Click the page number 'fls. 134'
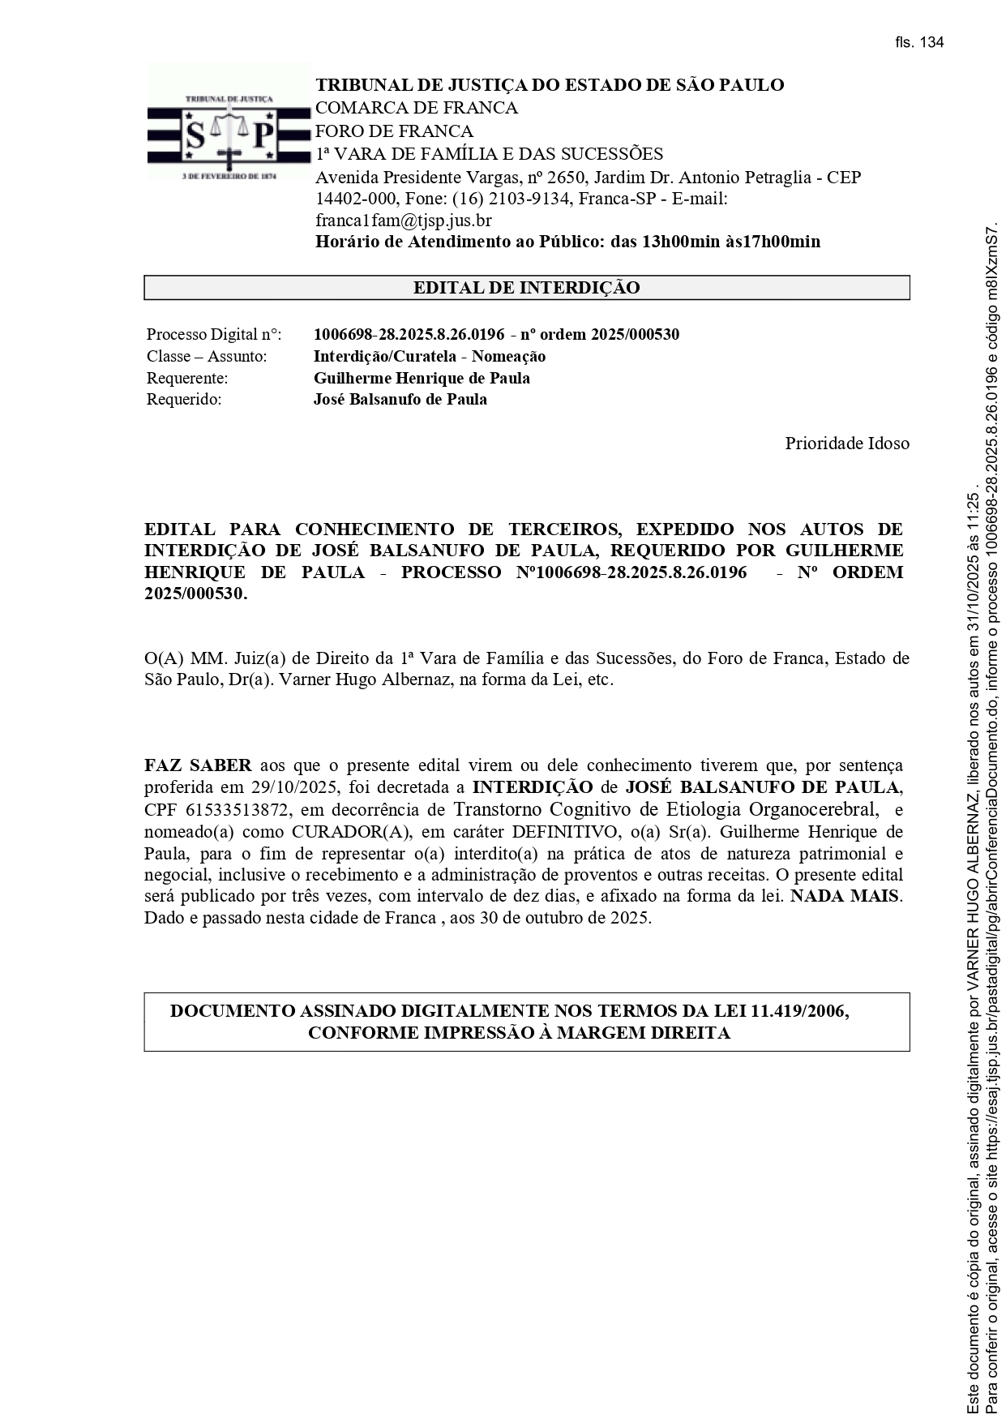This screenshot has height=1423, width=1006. pos(919,43)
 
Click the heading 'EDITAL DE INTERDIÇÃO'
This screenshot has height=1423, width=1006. pos(526,288)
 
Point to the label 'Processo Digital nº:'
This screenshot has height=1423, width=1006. pos(214,335)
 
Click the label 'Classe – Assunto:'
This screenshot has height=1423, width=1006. pos(207,357)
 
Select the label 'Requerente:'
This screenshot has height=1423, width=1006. pos(187,379)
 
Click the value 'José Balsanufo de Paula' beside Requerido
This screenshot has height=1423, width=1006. pos(400,400)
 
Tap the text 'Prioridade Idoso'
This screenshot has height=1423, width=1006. pos(846,444)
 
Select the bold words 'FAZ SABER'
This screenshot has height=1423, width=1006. pos(198,766)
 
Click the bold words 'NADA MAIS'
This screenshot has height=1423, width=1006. pos(845,898)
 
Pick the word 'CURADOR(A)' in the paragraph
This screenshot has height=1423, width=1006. pos(342,832)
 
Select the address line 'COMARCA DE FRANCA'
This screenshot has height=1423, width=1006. pos(416,109)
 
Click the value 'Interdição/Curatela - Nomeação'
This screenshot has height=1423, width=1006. pos(429,357)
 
